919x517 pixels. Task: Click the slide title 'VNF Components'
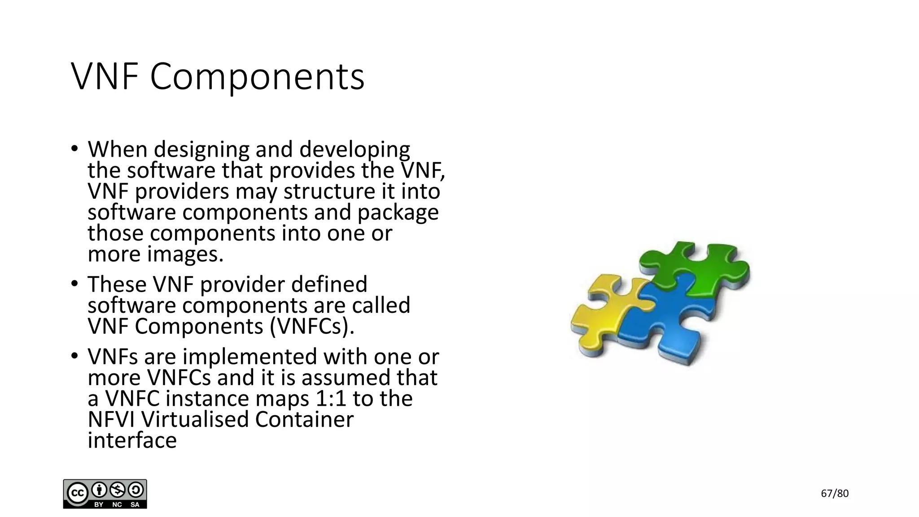pos(218,77)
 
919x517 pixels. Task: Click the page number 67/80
pos(835,494)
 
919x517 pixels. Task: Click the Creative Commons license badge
pos(105,494)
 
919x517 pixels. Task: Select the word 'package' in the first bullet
pos(398,213)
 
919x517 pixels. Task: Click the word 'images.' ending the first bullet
pos(185,254)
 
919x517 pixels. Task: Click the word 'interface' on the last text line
pos(132,440)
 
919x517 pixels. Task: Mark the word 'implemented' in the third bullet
pos(250,357)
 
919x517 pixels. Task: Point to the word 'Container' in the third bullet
pos(304,420)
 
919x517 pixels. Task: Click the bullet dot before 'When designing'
pos(74,149)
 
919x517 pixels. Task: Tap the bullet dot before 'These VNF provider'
pos(74,284)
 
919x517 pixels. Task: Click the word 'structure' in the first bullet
pos(329,192)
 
